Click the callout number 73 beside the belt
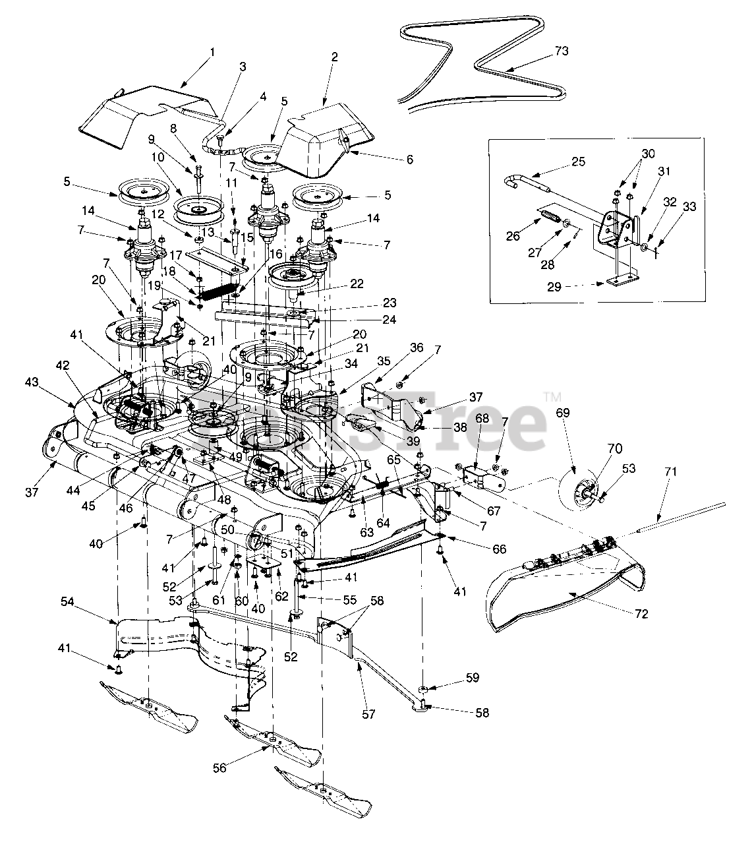tap(562, 51)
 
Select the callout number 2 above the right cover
tap(335, 57)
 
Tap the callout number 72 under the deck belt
tap(642, 614)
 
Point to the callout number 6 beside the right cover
tap(409, 160)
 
